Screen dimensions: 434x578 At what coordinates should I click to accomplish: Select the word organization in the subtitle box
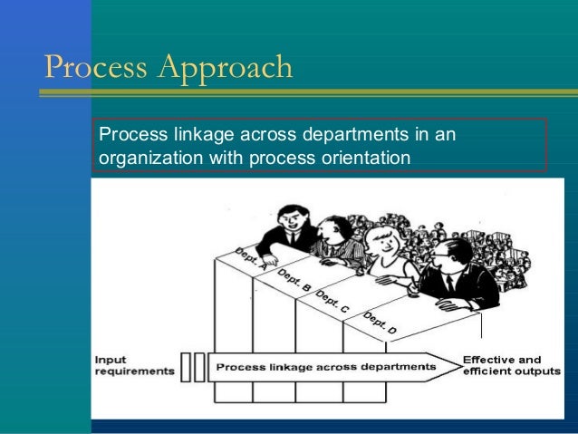tap(149, 158)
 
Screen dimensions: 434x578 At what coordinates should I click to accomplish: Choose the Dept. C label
tap(332, 302)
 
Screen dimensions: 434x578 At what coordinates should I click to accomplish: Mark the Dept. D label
tap(380, 323)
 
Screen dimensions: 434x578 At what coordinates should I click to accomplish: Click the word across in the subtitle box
tap(260, 136)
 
